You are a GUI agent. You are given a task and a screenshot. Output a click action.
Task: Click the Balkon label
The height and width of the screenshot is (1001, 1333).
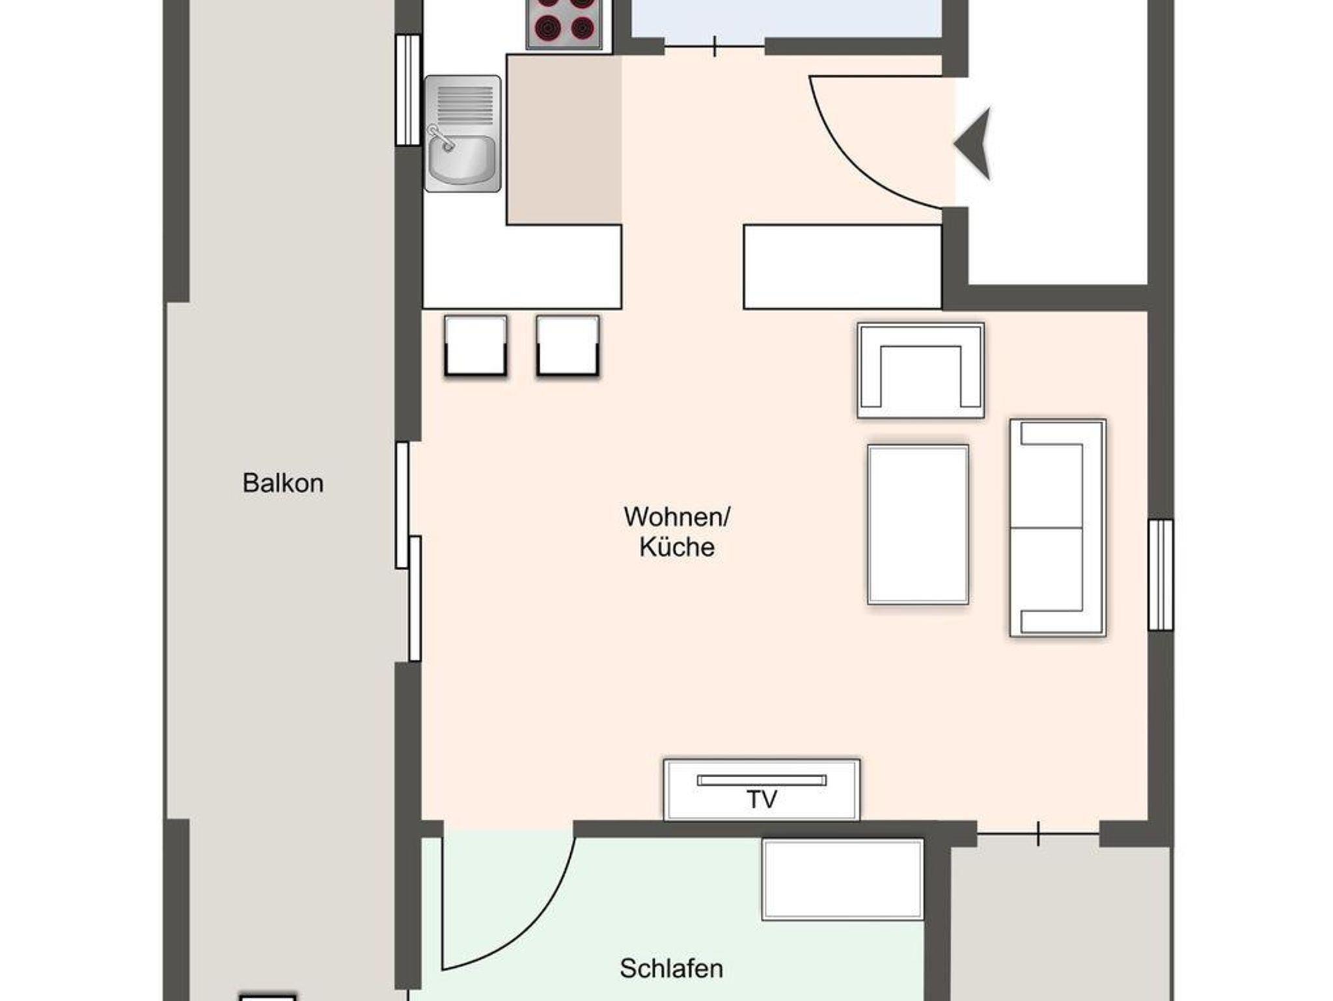(282, 483)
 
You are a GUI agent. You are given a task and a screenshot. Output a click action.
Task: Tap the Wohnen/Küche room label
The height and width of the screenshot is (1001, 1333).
(677, 532)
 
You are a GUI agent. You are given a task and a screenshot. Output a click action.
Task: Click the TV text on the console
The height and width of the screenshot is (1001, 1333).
(762, 799)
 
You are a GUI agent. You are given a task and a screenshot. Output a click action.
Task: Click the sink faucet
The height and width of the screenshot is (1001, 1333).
(441, 137)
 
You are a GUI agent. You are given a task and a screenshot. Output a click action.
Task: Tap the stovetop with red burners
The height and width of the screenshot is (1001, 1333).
(564, 24)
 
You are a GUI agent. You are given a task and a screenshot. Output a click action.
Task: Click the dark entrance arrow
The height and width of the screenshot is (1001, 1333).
(974, 143)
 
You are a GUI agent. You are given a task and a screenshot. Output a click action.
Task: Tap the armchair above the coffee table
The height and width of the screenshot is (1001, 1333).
(920, 370)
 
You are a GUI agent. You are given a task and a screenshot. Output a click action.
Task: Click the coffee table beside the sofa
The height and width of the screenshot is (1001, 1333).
(918, 525)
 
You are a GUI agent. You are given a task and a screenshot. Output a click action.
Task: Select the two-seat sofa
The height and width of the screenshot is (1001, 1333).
(1058, 528)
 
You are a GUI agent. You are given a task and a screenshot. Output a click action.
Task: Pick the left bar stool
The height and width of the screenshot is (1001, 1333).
(476, 346)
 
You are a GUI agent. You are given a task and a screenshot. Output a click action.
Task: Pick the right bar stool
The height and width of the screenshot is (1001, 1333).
(568, 346)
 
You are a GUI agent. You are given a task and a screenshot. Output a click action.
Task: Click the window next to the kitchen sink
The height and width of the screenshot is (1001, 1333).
(409, 90)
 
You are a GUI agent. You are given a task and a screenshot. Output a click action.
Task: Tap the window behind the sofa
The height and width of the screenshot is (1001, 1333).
(1161, 575)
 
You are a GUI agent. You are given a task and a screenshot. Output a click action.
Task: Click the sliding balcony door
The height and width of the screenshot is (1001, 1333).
(408, 551)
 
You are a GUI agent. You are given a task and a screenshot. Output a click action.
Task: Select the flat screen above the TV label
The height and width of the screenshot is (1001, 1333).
(762, 780)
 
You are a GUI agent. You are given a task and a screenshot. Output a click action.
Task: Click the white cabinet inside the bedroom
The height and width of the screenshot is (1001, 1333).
(842, 879)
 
